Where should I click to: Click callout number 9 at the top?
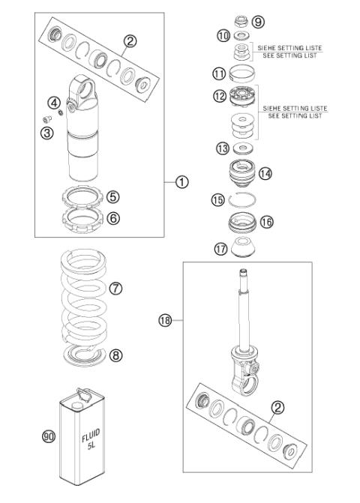(259, 21)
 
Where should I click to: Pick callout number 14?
(265, 173)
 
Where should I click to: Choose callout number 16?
(266, 222)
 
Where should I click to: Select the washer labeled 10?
(242, 36)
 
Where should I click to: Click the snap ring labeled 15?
(243, 199)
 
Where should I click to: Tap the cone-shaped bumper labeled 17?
(243, 248)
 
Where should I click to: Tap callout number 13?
(223, 148)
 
